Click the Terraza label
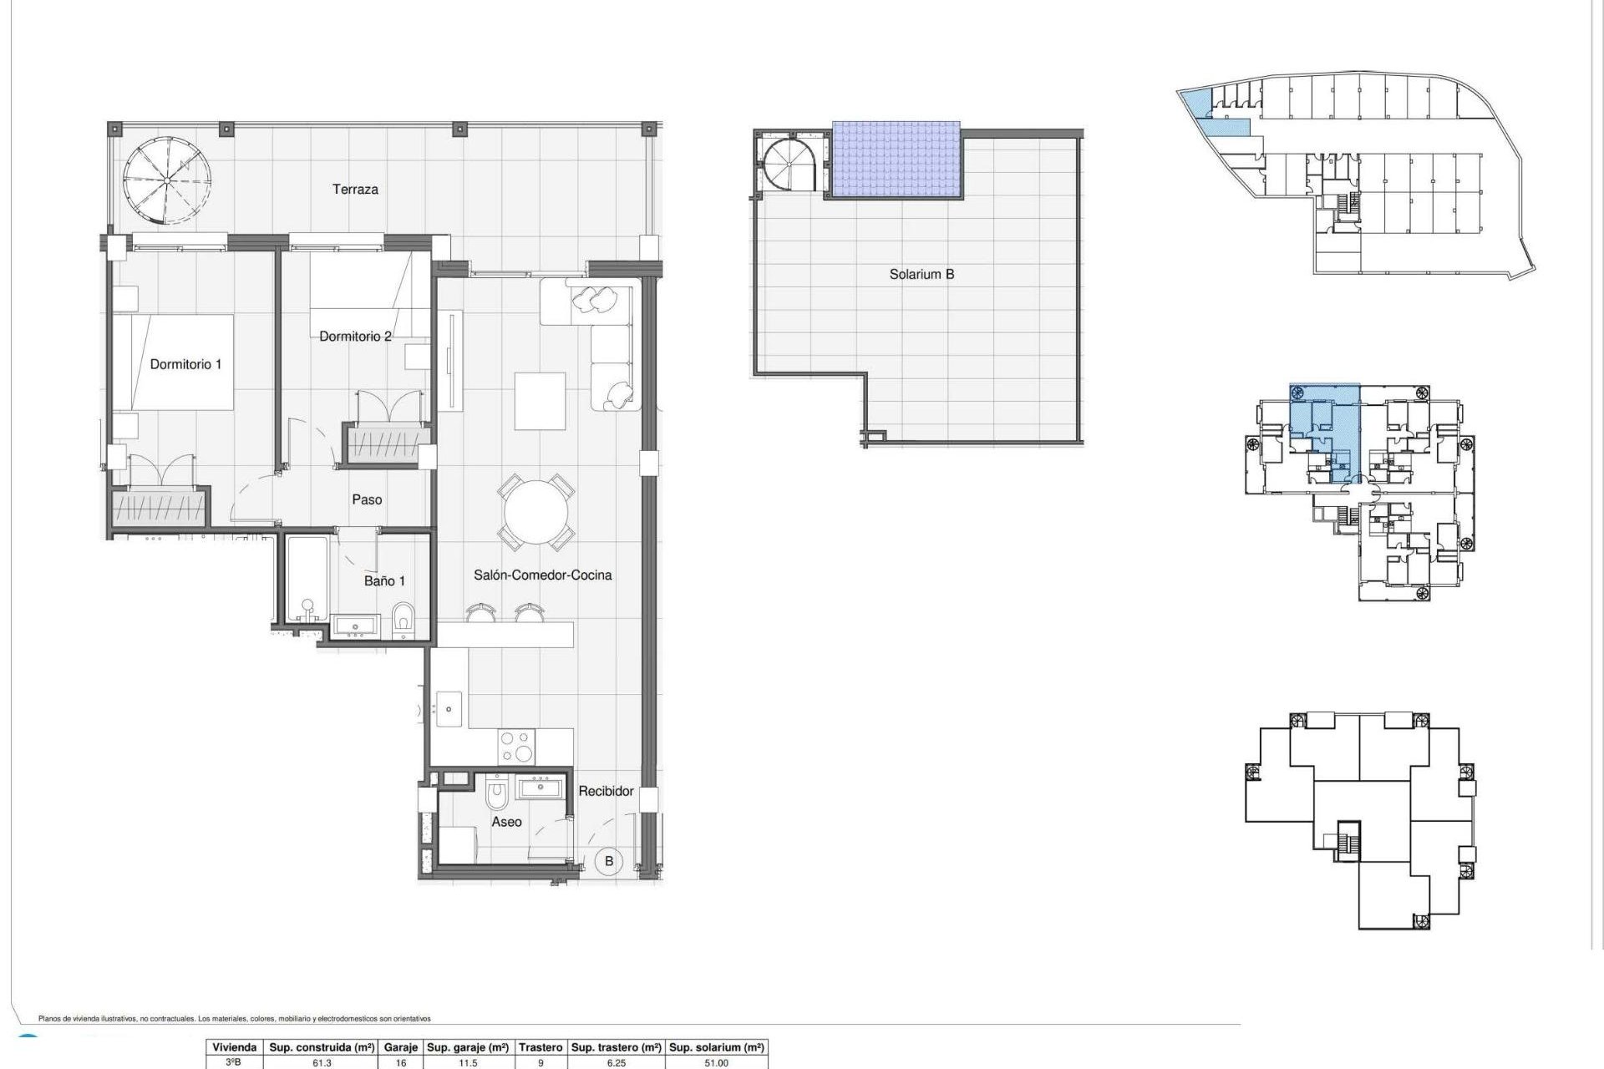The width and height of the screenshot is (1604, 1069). click(x=355, y=190)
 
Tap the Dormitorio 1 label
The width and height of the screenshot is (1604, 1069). click(x=185, y=364)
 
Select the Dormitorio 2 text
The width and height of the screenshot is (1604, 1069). click(x=355, y=337)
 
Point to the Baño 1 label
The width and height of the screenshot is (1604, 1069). click(x=384, y=580)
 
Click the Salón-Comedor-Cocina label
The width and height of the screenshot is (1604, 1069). click(x=542, y=575)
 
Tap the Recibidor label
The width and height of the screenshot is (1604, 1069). click(x=606, y=791)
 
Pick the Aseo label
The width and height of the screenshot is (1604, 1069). click(x=506, y=822)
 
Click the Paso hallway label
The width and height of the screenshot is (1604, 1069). click(x=367, y=499)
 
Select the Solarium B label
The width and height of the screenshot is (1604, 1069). click(x=921, y=274)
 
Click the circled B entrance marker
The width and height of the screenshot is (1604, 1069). click(x=609, y=861)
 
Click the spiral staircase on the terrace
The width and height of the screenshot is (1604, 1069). click(x=165, y=180)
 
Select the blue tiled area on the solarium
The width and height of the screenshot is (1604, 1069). click(x=896, y=160)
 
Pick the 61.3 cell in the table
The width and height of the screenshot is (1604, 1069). click(x=322, y=1063)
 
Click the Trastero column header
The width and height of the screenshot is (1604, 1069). click(x=540, y=1047)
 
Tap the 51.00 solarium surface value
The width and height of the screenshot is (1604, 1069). click(x=717, y=1063)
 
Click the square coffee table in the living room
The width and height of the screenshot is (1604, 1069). click(x=540, y=401)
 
